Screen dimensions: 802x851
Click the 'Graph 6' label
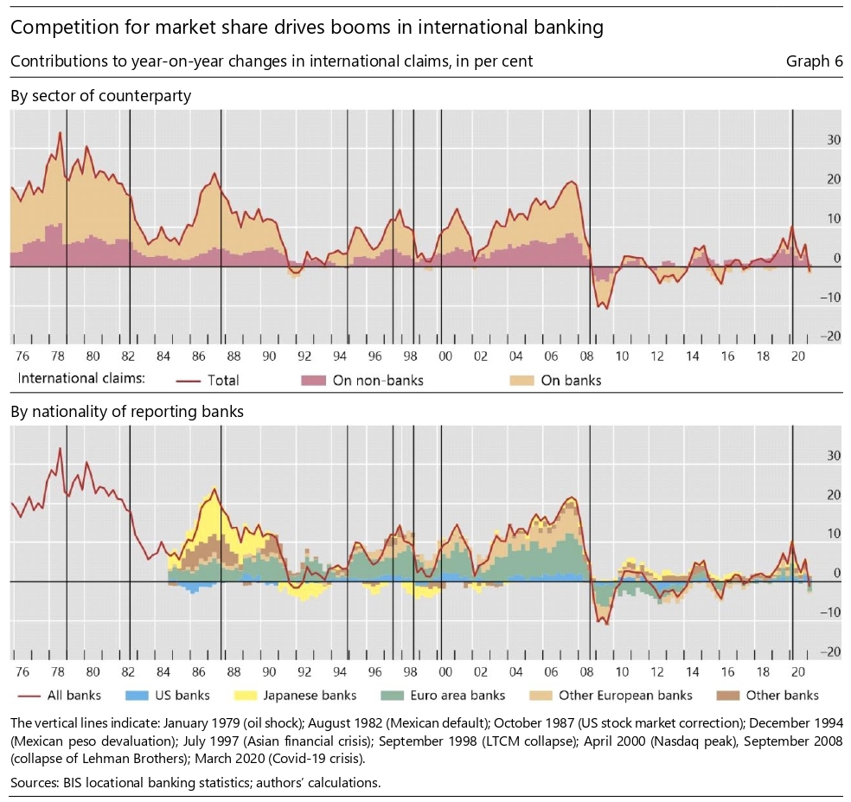coord(813,61)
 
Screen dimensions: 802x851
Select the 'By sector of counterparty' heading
coord(100,95)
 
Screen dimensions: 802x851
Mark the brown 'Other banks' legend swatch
coord(728,695)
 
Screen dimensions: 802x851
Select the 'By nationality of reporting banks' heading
coord(126,412)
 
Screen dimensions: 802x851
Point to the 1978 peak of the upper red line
coord(60,132)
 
